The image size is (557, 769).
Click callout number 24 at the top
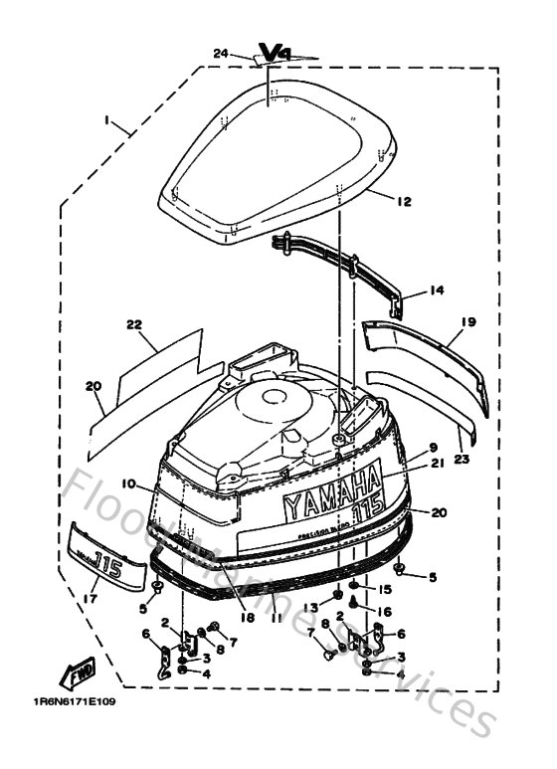(220, 53)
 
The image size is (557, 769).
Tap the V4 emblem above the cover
(273, 52)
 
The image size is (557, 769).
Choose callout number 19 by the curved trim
(468, 321)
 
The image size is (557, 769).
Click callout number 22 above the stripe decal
(135, 324)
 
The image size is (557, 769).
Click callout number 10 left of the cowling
(128, 484)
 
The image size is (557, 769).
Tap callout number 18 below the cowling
(245, 617)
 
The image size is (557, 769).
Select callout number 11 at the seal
(276, 617)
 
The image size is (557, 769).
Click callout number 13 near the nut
(310, 607)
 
